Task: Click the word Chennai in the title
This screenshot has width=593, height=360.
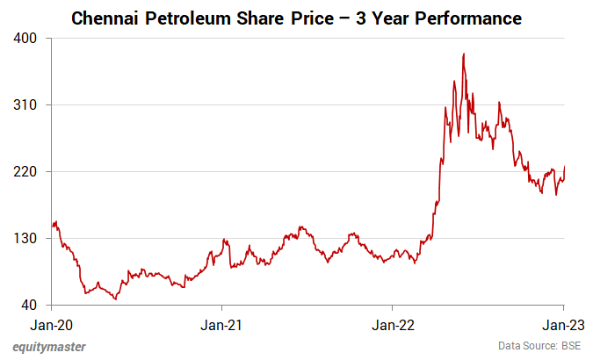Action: coord(105,18)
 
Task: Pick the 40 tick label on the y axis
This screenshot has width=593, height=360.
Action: coord(30,306)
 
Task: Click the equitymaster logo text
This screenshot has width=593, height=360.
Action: coord(49,347)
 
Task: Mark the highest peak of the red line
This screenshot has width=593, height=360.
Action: coord(463,54)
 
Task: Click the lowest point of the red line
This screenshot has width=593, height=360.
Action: coord(115,299)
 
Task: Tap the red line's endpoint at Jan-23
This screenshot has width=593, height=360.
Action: coord(564,167)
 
